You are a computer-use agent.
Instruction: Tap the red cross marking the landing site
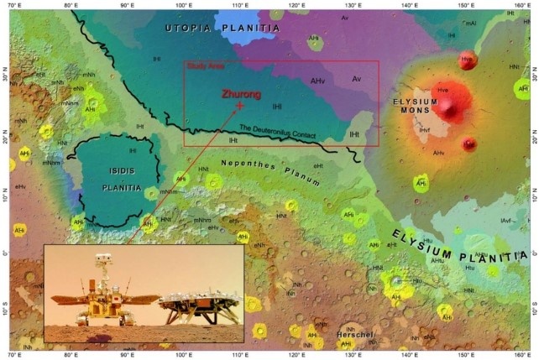[240, 107]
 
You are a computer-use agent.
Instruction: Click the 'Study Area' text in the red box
[201, 65]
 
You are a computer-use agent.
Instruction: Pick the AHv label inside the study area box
[317, 81]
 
